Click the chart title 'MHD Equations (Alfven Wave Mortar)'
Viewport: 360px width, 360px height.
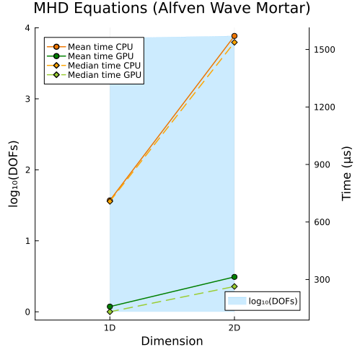coord(172,8)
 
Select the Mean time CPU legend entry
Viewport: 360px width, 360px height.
coord(90,47)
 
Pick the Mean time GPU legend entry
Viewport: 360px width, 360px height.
coord(90,56)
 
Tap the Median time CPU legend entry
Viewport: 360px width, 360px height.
coord(94,66)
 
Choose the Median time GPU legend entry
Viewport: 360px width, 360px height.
coord(94,75)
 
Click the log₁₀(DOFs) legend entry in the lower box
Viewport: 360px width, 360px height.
coord(263,301)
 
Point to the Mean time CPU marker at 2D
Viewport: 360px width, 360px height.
coord(234,36)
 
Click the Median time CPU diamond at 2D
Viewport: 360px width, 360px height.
coord(234,43)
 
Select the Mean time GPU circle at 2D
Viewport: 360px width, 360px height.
coord(234,277)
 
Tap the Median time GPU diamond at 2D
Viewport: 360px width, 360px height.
coord(234,286)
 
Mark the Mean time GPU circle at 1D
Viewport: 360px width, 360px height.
coord(110,307)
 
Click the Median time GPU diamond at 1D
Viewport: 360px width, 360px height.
coord(110,312)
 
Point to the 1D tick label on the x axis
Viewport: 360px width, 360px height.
coord(110,328)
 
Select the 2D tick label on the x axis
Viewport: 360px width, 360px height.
coord(234,328)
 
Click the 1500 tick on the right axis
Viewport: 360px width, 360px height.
coord(325,50)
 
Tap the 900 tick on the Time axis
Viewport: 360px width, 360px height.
coord(322,164)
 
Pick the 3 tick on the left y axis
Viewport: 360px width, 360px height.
coord(27,99)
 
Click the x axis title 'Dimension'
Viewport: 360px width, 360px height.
coord(172,341)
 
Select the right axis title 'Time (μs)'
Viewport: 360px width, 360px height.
coord(346,174)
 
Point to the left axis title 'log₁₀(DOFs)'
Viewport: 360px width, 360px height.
coord(14,174)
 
